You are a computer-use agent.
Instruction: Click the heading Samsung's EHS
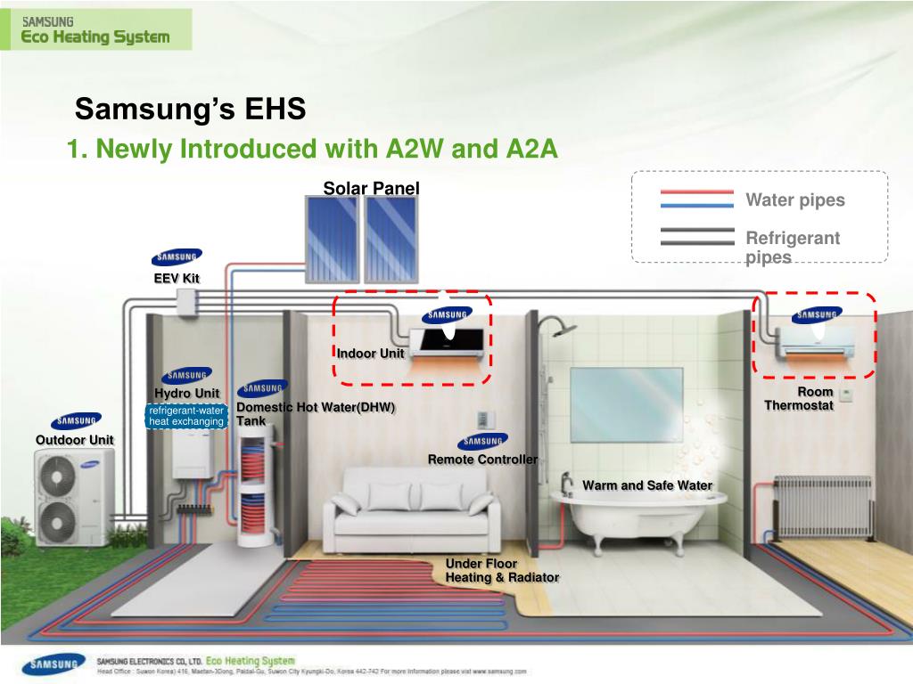tap(190, 110)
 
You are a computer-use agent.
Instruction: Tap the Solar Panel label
tap(371, 188)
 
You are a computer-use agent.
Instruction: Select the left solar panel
tap(332, 237)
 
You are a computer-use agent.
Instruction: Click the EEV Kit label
tap(177, 279)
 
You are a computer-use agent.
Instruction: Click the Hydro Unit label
tap(186, 394)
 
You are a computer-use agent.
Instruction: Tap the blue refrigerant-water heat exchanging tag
tap(185, 416)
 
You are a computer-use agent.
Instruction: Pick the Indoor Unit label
tap(370, 354)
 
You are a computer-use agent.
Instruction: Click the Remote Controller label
tap(482, 460)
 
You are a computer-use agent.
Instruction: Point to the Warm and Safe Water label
tap(647, 485)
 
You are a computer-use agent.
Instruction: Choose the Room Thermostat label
tap(800, 399)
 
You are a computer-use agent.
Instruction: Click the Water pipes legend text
tap(794, 200)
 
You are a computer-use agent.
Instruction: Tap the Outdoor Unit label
tap(75, 440)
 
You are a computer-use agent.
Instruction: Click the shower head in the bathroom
tap(563, 330)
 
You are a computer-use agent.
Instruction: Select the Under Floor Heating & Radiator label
tap(502, 571)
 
